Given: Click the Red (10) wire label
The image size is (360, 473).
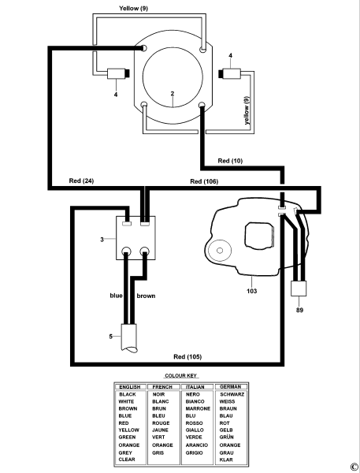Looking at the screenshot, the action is point(230,161).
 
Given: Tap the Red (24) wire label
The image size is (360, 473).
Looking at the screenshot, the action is point(81,181).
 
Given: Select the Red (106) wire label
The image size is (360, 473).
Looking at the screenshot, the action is point(204,181).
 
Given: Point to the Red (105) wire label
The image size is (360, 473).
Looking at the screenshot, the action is point(187,357).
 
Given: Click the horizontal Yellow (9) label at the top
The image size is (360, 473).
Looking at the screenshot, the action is point(133,8).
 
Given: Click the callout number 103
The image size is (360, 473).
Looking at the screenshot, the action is point(252,291).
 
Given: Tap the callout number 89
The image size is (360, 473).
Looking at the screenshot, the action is point(299,310).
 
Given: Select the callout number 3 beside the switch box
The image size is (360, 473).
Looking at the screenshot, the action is point(102,240).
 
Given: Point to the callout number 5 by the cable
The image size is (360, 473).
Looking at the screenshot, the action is point(110,337).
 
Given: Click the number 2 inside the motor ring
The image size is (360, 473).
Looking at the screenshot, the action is point(173,94).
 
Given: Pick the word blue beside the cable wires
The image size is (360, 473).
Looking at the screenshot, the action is point(116,296).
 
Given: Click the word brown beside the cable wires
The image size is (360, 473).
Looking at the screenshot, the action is point(146,296).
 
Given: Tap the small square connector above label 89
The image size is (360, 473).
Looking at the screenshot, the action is point(299,289).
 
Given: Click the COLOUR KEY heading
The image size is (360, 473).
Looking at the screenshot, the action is point(181,376).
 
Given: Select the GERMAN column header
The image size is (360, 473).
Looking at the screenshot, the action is point(230,387).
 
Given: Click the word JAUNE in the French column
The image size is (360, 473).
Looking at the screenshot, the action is point(160,430).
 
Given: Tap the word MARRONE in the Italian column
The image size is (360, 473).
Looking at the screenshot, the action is point(198,408).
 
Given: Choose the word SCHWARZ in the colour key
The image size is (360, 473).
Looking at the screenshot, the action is point(232,394).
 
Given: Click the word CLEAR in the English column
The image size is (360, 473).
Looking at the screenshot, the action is point(127,460).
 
